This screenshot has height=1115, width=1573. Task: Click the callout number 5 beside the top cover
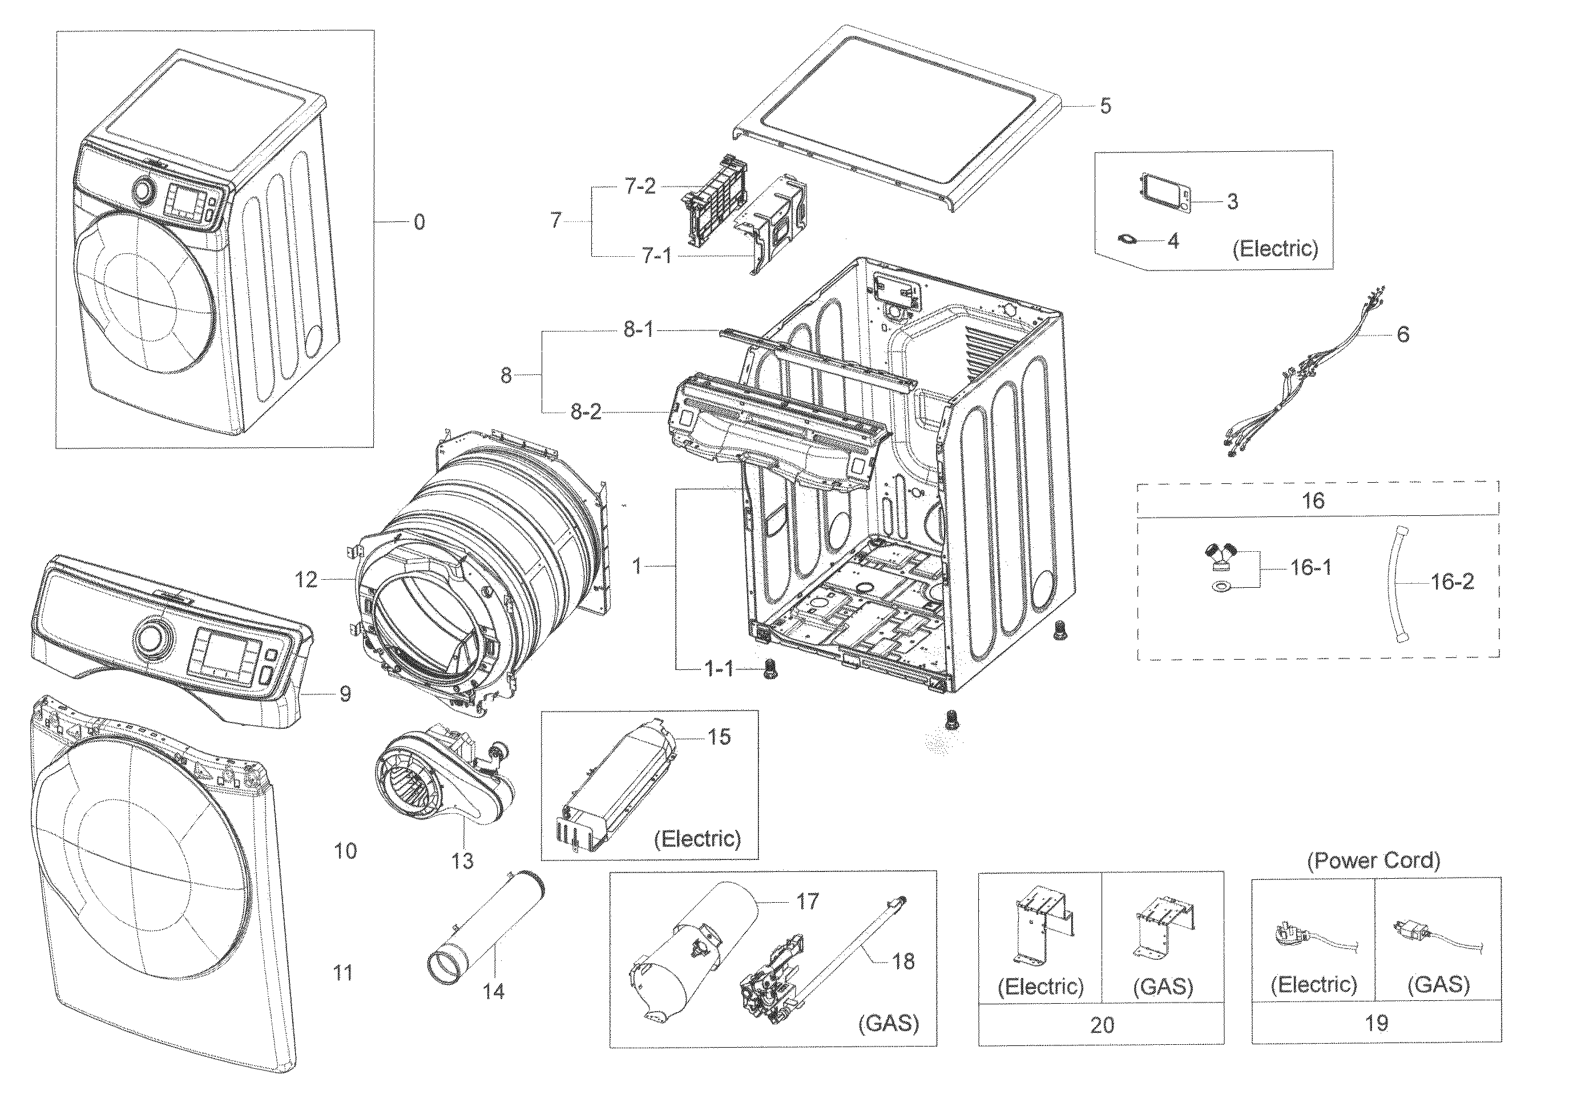coord(1106,106)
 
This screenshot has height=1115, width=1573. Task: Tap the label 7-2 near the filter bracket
coord(640,187)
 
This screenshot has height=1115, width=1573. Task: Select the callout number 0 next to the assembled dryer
coord(419,222)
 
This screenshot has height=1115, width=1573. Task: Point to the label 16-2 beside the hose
coord(1451,582)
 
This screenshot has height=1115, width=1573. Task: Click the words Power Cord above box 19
coord(1373,861)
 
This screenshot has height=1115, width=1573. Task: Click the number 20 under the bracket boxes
coord(1102,1025)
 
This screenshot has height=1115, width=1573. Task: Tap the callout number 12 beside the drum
coord(306,580)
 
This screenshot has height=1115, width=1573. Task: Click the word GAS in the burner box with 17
coord(888,1023)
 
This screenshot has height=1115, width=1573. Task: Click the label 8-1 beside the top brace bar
coord(638,330)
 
